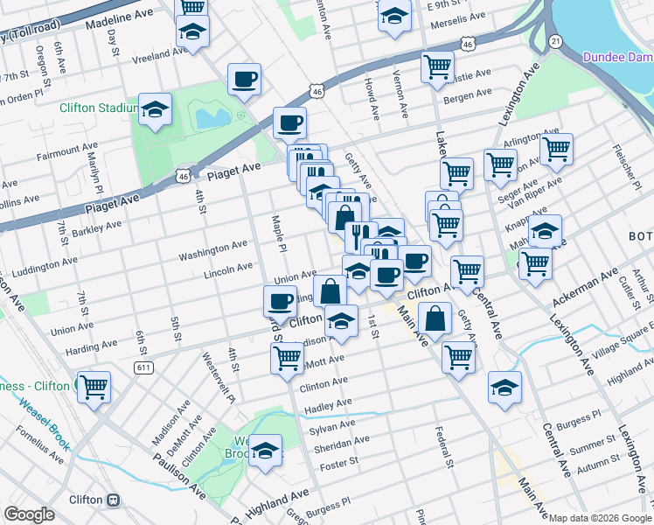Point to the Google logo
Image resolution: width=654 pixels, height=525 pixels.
[30, 514]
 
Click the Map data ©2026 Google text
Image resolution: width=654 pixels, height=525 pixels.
[600, 517]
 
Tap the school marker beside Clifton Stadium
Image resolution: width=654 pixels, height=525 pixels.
[156, 110]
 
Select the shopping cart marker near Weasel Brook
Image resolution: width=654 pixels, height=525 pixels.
[93, 386]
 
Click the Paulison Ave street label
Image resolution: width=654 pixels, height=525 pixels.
[178, 472]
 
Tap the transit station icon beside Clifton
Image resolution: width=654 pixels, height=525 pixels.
[113, 500]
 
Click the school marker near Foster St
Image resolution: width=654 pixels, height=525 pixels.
[264, 451]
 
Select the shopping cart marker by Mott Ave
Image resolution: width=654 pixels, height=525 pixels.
[287, 357]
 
